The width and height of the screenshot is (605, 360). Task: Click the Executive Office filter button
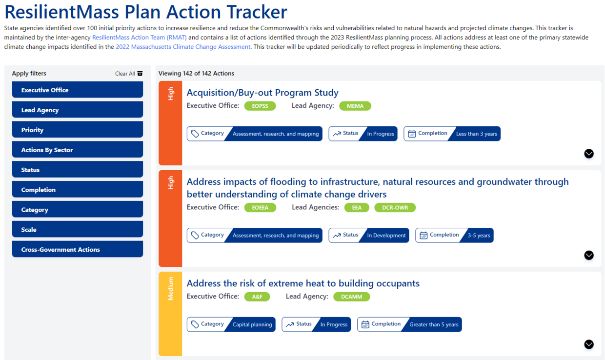[78, 90]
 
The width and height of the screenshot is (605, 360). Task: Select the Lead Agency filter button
[78, 110]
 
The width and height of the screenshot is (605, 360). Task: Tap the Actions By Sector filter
[78, 150]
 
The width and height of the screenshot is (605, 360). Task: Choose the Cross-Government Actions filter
[78, 249]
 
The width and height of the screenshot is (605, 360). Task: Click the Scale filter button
[78, 229]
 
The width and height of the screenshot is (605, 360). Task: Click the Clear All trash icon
[140, 74]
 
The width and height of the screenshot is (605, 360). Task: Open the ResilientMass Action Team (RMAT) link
[140, 37]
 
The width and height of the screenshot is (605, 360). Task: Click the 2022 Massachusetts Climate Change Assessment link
[183, 47]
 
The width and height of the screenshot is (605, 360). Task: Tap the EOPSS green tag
[260, 106]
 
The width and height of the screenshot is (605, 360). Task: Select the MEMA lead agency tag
[355, 106]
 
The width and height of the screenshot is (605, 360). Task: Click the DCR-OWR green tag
[395, 207]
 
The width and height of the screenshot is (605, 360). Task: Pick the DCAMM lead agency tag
[351, 297]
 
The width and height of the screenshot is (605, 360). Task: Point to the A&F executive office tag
[257, 297]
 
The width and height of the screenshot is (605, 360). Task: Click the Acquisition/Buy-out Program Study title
[262, 93]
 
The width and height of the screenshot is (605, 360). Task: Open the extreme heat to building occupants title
[303, 283]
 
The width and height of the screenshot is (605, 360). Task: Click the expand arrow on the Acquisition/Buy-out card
[589, 153]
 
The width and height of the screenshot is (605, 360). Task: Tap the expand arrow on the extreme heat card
[589, 344]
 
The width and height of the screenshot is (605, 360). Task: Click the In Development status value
[386, 236]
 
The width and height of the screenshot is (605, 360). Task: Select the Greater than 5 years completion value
[434, 324]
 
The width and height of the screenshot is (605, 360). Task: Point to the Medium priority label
[170, 289]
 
